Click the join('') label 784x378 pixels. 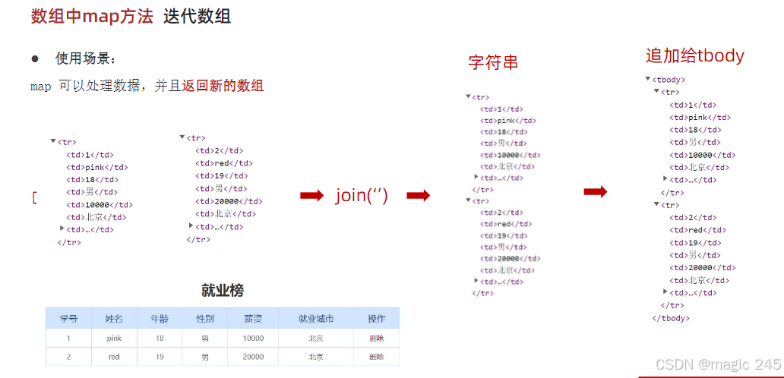point(362,195)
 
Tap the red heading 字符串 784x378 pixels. point(493,63)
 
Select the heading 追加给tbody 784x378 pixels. point(694,55)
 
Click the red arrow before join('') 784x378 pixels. point(311,196)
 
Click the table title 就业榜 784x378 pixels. point(223,290)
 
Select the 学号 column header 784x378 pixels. point(69,318)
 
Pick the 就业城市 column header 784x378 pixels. point(316,318)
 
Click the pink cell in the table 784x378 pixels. point(114,338)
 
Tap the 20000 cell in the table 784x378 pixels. point(253,357)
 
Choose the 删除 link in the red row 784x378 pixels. point(376,357)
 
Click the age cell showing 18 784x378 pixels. point(160,338)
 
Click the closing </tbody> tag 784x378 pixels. point(671,318)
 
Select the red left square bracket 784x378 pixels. point(34,197)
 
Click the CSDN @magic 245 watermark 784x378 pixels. point(718,364)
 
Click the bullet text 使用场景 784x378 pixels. point(86,58)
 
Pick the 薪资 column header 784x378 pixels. point(253,318)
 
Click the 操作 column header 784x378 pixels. point(376,318)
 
